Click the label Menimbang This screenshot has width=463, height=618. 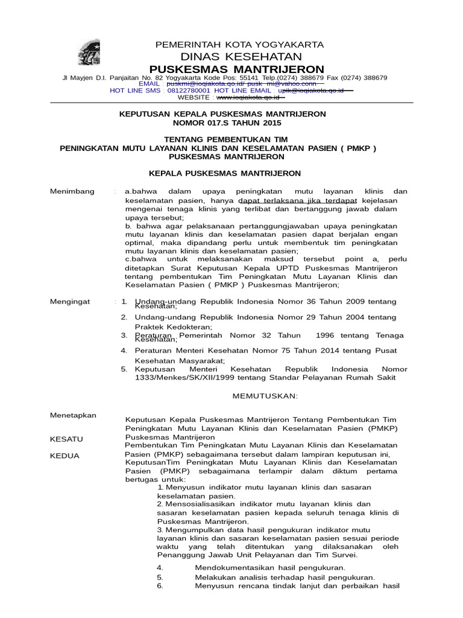pos(72,191)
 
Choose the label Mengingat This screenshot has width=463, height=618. pos(71,301)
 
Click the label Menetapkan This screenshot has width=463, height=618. pos(72,415)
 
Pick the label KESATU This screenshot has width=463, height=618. pos(66,439)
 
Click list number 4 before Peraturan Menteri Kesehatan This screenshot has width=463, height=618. pos(124,350)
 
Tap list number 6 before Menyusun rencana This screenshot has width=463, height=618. pos(160,586)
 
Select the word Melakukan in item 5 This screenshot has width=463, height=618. pos(215,577)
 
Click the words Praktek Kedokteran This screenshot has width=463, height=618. pos(169,327)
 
